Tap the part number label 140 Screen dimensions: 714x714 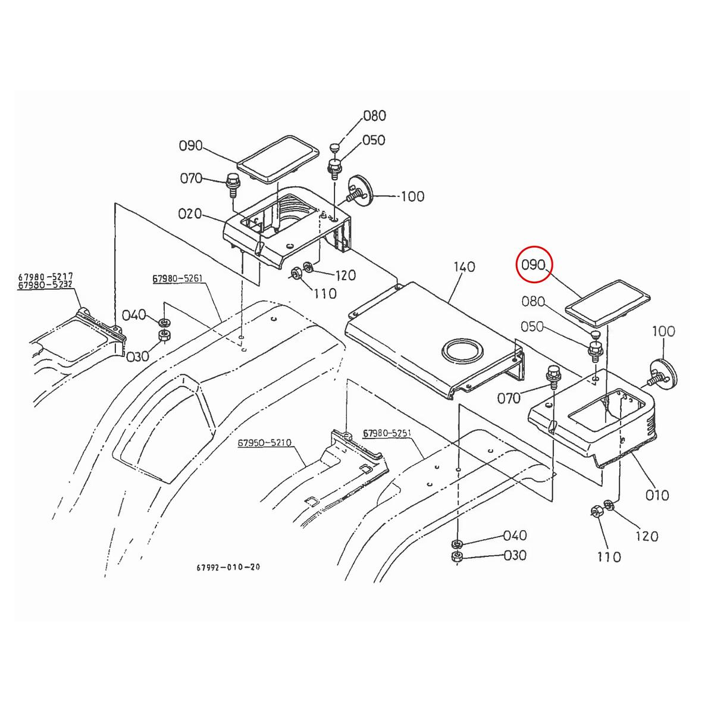[x=464, y=267]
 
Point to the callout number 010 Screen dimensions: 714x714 [x=657, y=495]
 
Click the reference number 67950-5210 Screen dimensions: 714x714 [x=264, y=443]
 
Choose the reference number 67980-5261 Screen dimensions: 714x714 [x=177, y=278]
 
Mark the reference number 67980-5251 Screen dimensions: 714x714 [x=389, y=434]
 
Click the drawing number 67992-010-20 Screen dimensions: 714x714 [x=228, y=567]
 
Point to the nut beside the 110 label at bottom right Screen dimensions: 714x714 [x=597, y=512]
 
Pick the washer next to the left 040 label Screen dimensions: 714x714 [x=162, y=322]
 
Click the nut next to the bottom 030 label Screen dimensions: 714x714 [x=457, y=556]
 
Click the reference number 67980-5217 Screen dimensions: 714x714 [x=45, y=277]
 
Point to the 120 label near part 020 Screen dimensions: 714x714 [x=345, y=275]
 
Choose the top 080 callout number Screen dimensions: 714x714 [x=374, y=115]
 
